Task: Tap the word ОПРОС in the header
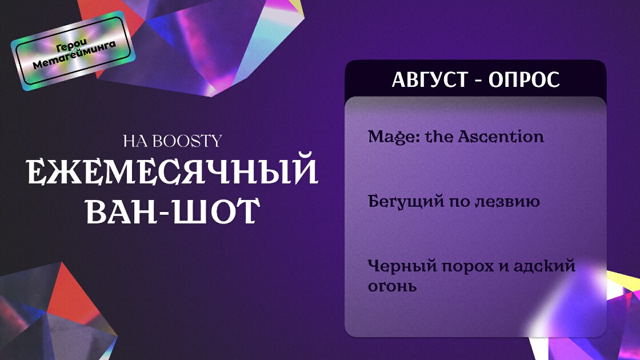[524, 79]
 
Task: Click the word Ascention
[501, 137]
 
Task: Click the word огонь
[392, 286]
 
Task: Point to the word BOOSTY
[188, 141]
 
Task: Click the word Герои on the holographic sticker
[72, 46]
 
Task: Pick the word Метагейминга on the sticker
[74, 55]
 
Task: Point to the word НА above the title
[136, 142]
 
